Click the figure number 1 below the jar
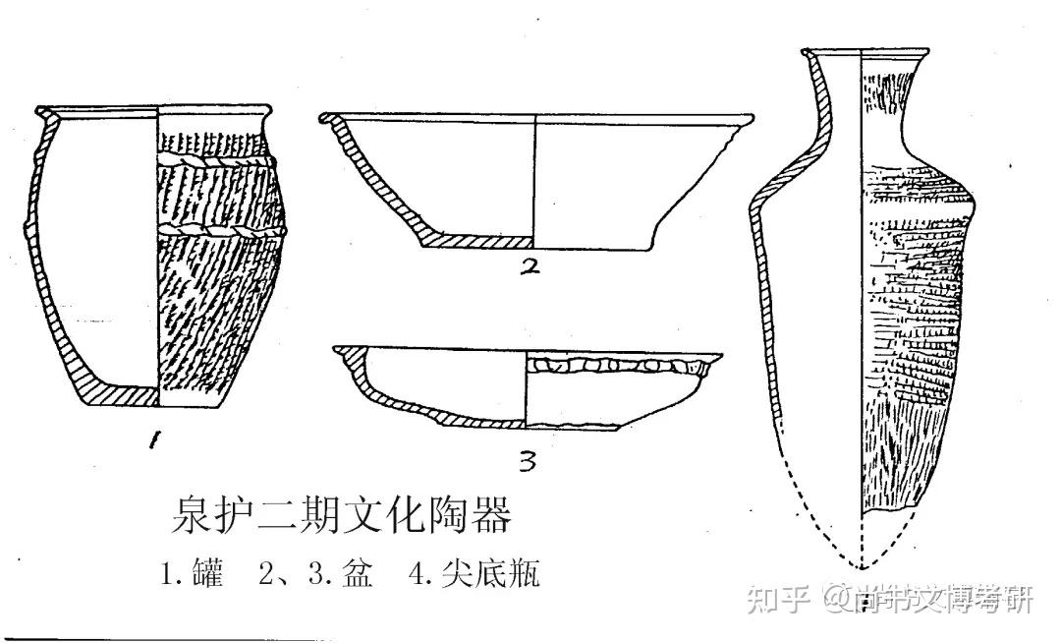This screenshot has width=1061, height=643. coord(154,441)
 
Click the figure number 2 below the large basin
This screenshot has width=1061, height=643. coord(531,266)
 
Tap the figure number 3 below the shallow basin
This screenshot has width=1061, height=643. coord(528,459)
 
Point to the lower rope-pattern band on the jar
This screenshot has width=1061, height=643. coord(221,232)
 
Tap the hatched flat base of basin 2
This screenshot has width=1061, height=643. coord(476,240)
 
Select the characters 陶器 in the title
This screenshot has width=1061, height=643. coord(471,515)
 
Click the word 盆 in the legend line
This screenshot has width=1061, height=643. coord(358,574)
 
